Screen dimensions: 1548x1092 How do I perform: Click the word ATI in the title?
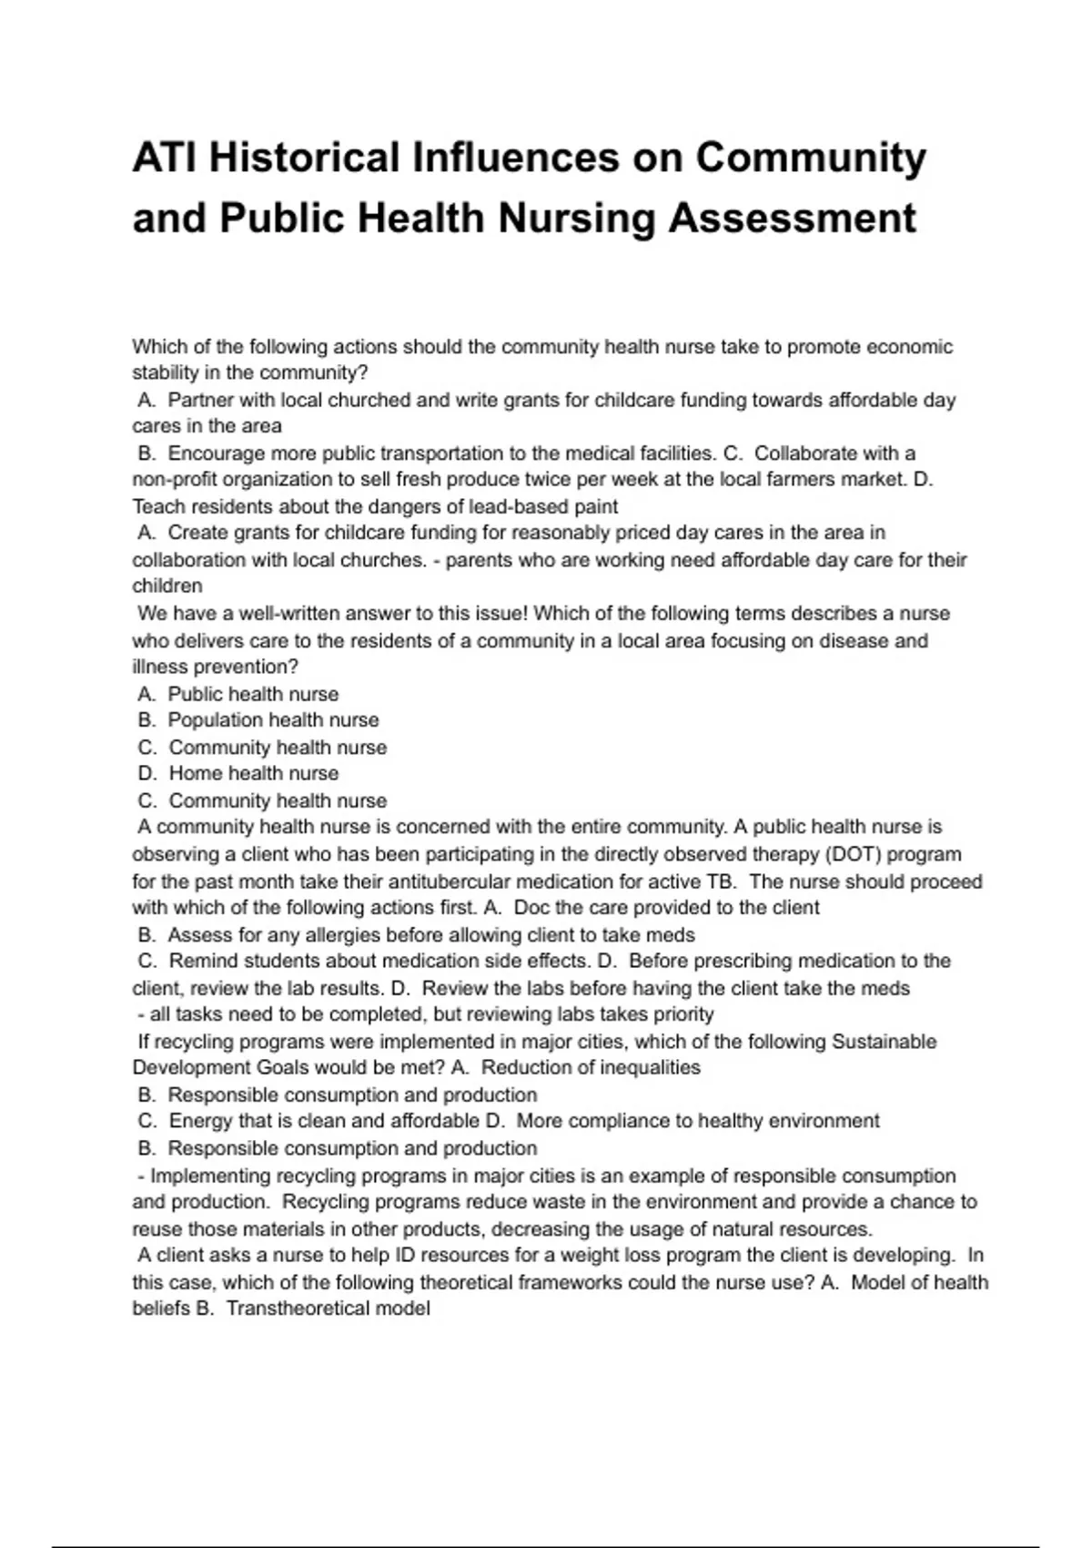(165, 158)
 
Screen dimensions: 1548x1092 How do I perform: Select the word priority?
(679, 1014)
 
